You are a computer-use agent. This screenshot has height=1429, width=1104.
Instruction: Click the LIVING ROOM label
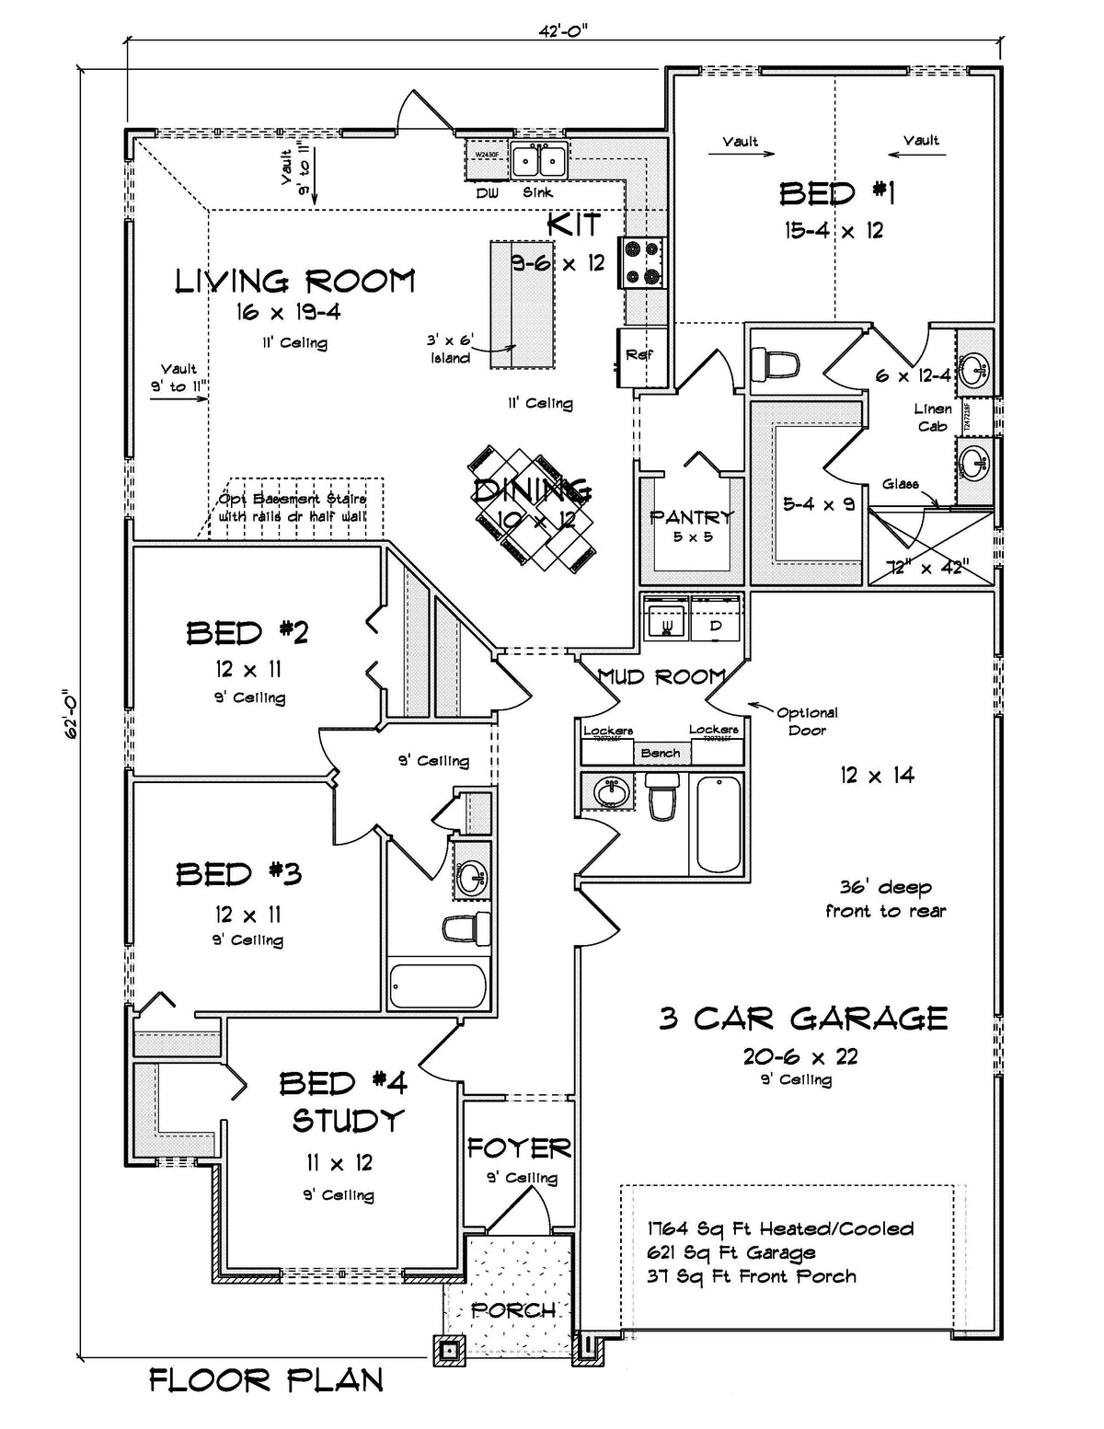[294, 281]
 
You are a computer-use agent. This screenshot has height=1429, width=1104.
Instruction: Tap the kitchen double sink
[538, 162]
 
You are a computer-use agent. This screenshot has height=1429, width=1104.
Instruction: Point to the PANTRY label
[692, 517]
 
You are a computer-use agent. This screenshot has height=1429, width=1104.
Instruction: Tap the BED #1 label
[836, 193]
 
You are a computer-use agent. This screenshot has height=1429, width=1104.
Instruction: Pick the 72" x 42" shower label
[926, 568]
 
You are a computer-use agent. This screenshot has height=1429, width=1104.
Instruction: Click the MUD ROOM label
[661, 677]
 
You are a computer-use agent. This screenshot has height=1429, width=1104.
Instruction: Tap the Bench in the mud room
[661, 753]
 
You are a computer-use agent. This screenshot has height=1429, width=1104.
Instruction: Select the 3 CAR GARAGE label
[803, 1018]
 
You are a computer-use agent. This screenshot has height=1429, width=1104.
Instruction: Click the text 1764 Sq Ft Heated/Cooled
[780, 1228]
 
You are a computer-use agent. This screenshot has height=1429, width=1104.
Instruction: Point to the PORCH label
[513, 1309]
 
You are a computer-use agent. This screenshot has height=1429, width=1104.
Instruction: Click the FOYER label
[519, 1147]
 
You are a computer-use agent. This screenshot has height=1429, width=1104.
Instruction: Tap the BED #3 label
[238, 873]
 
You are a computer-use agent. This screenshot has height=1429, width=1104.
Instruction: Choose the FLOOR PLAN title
[267, 1380]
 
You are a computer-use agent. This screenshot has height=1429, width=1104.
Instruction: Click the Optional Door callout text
[807, 720]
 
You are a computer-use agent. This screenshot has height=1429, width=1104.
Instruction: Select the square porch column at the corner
[449, 1349]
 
